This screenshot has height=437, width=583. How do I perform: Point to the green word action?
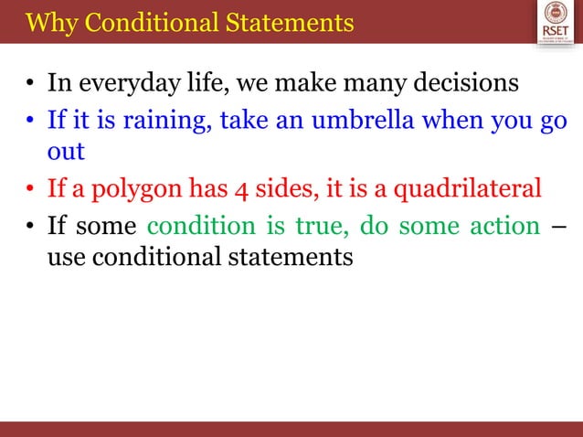(502, 224)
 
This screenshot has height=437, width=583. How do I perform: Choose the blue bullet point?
(30, 122)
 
